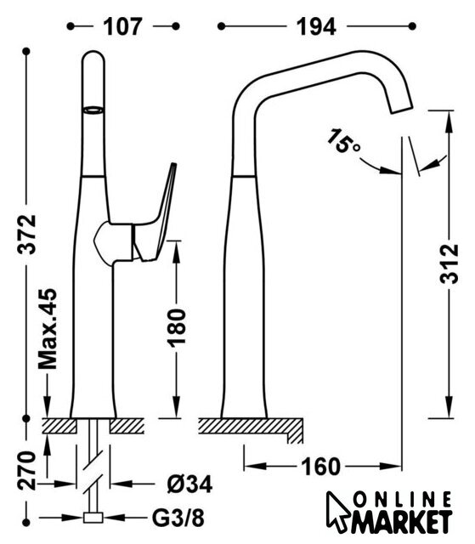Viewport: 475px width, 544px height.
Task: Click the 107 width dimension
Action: pyautogui.click(x=122, y=26)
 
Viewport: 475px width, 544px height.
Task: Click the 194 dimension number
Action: pyautogui.click(x=316, y=26)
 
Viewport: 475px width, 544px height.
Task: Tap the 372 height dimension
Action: pyautogui.click(x=27, y=235)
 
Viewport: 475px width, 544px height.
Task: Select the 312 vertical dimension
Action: pyautogui.click(x=450, y=264)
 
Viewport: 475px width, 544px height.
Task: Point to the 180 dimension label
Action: pyautogui.click(x=177, y=328)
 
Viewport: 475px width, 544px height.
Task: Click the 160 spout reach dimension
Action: pyautogui.click(x=320, y=467)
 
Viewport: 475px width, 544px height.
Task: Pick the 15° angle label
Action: pyautogui.click(x=343, y=141)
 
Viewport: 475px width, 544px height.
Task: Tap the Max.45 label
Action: pyautogui.click(x=48, y=328)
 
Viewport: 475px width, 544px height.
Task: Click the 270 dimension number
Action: pyautogui.click(x=27, y=471)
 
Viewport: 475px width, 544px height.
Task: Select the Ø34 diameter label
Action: pyautogui.click(x=189, y=484)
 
